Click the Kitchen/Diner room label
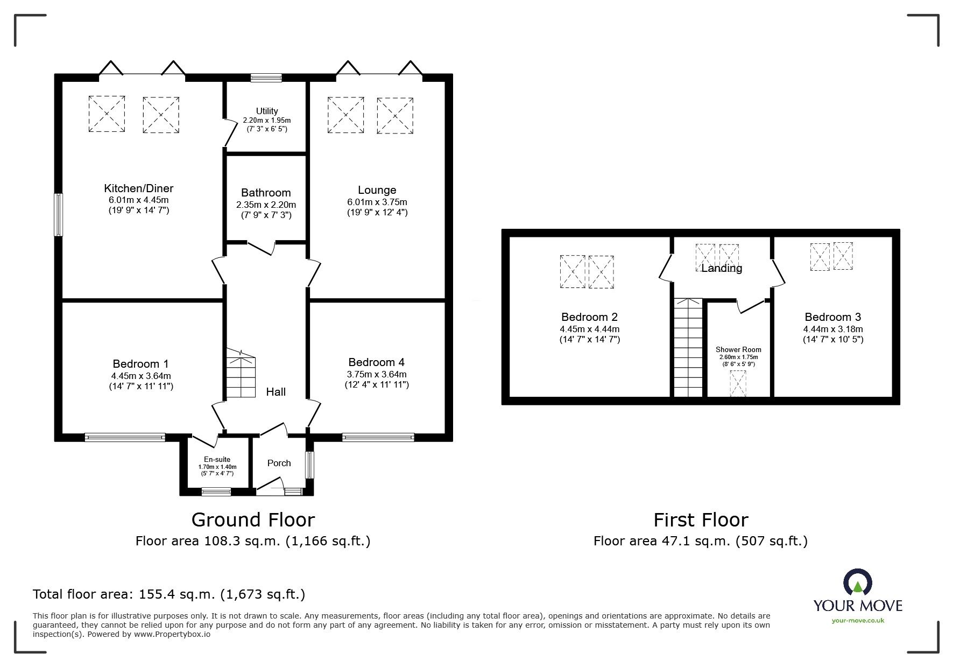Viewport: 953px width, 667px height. [139, 188]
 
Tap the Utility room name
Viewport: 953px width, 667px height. [267, 111]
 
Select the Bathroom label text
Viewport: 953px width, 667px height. [266, 193]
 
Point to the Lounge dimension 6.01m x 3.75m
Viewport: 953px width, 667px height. [377, 202]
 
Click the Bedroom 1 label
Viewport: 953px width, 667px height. [140, 364]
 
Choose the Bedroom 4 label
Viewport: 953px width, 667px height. [377, 362]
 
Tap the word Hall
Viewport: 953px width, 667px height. [276, 392]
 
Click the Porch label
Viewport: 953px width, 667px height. [279, 463]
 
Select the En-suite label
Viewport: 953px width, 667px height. [217, 460]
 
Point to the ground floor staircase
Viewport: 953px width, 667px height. [240, 373]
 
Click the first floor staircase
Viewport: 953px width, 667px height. [688, 348]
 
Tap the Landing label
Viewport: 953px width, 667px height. [722, 268]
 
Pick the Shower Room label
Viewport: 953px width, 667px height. [738, 349]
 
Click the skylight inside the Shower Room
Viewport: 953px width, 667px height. [738, 383]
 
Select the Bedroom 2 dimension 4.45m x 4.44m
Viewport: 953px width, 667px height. [590, 329]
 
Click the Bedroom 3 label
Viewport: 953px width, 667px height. [833, 317]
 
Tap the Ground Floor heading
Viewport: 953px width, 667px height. [253, 519]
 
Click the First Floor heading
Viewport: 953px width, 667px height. [701, 519]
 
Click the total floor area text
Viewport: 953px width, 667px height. [169, 594]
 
